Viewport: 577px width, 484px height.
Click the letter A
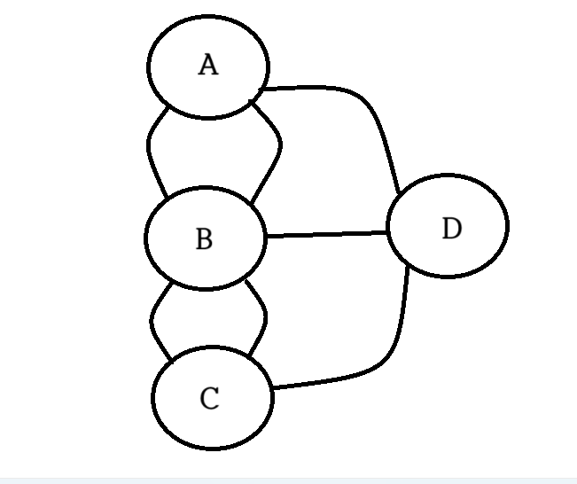click(207, 66)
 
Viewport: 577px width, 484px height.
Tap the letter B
click(204, 239)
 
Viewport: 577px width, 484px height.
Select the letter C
click(209, 400)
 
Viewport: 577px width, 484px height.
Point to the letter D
click(451, 229)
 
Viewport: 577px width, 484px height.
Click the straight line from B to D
click(328, 234)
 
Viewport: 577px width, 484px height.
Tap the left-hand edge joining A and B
click(148, 151)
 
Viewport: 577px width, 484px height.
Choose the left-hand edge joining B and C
click(152, 319)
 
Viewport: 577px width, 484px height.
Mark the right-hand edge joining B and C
click(265, 316)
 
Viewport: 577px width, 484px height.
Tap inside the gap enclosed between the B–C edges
click(209, 317)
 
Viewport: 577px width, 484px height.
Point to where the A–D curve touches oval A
click(265, 89)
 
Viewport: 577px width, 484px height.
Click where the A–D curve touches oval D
click(400, 191)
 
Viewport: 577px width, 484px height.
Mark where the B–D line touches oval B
click(266, 237)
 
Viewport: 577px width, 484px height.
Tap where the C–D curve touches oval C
click(272, 388)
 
